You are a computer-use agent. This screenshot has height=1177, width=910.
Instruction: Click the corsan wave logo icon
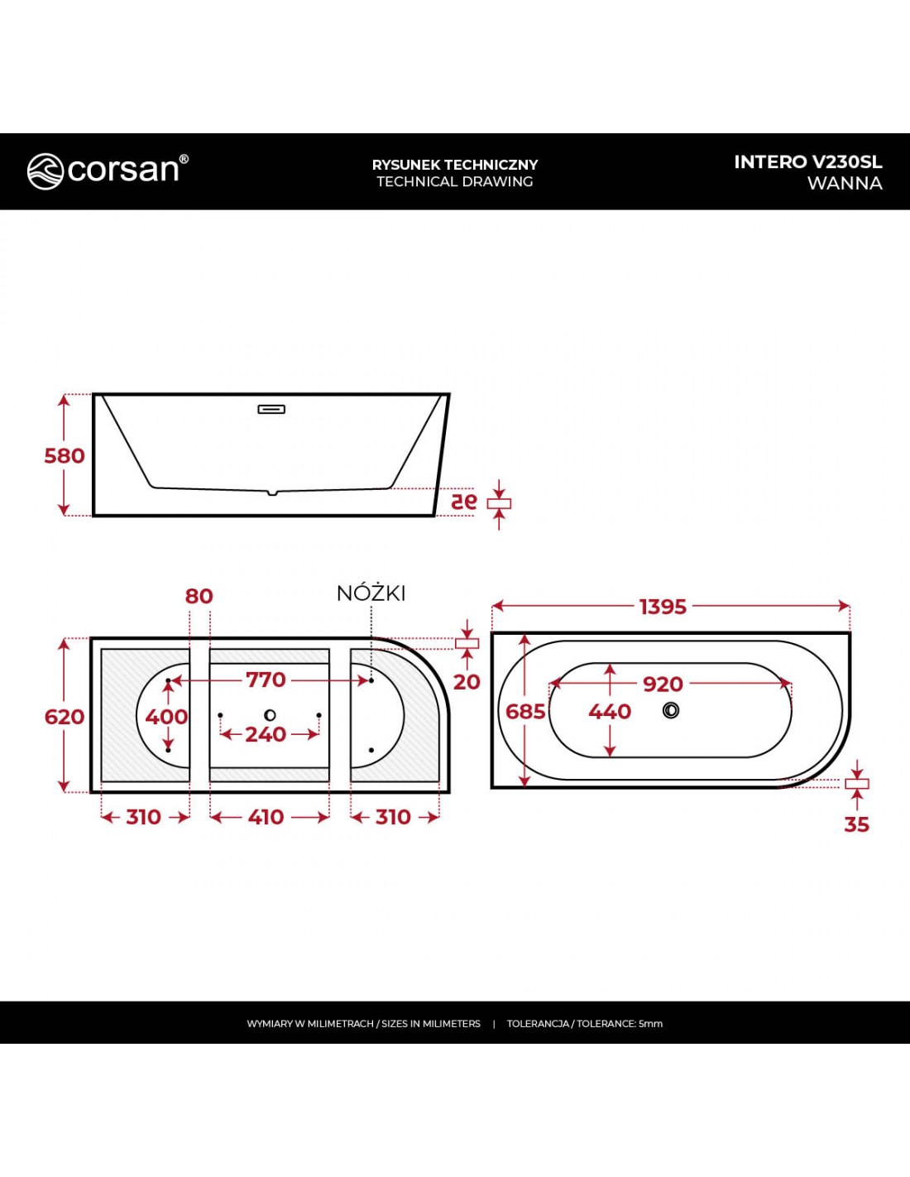tap(45, 171)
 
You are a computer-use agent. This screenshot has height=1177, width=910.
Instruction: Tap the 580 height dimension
tap(65, 456)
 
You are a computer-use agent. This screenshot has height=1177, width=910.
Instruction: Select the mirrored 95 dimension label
tap(464, 502)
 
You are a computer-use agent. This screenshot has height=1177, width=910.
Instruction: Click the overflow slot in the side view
tap(271, 409)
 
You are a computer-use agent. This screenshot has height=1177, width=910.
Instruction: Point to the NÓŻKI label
tap(371, 593)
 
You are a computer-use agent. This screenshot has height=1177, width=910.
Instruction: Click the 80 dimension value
tap(199, 596)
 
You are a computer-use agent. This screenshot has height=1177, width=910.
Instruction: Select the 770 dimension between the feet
tap(266, 680)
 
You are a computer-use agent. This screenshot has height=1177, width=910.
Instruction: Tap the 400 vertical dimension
tap(167, 717)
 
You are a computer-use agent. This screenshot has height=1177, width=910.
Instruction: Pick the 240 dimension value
tap(266, 734)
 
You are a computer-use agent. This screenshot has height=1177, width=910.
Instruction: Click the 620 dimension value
tap(65, 717)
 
